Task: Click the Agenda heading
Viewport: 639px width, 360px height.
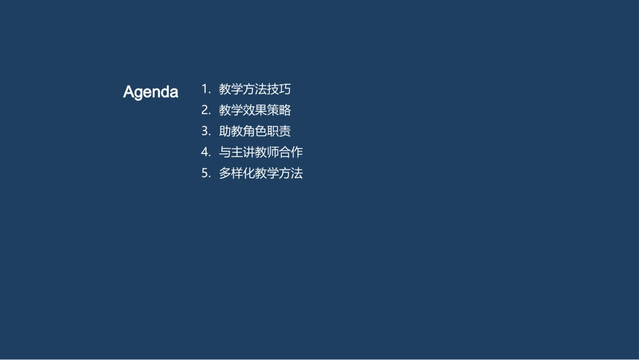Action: tap(151, 92)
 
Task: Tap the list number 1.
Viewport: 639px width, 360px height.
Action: tap(205, 89)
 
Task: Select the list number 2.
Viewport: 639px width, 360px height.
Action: tap(205, 110)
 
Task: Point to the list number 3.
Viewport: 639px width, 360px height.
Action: tap(205, 131)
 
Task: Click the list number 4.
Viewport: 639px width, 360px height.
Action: tap(205, 152)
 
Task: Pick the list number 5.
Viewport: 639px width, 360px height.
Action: tap(205, 173)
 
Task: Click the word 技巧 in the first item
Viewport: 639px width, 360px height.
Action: tap(279, 89)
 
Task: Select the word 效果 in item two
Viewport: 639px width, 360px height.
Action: tap(255, 110)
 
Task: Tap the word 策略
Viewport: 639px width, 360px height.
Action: tap(279, 110)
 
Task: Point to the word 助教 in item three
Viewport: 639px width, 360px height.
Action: tap(231, 131)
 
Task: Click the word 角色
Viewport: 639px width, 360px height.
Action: tap(255, 131)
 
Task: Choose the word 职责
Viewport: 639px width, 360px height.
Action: tap(279, 131)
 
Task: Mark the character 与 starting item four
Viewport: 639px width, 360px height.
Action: tap(225, 152)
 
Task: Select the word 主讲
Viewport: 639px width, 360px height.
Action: tap(243, 152)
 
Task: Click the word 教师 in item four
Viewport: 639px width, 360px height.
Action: tap(267, 152)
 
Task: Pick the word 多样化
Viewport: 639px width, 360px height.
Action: tap(237, 173)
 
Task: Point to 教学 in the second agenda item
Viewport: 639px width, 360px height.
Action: tap(231, 110)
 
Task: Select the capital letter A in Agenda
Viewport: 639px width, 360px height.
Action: tap(129, 92)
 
